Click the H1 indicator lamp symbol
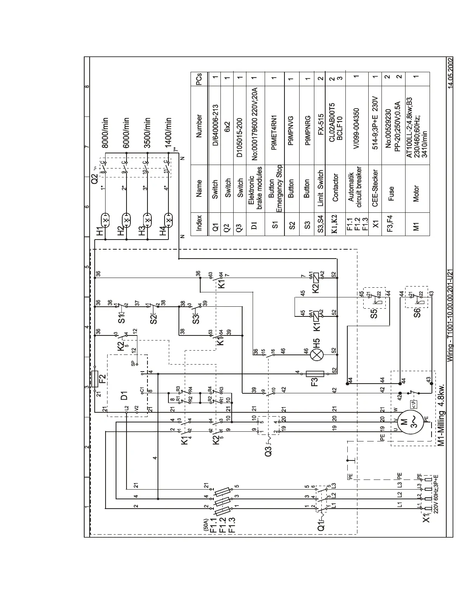[105, 220]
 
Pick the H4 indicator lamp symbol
[168, 220]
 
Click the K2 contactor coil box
[317, 277]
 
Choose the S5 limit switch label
[374, 313]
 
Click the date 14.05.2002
[449, 74]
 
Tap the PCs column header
[199, 79]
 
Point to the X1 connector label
[426, 519]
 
